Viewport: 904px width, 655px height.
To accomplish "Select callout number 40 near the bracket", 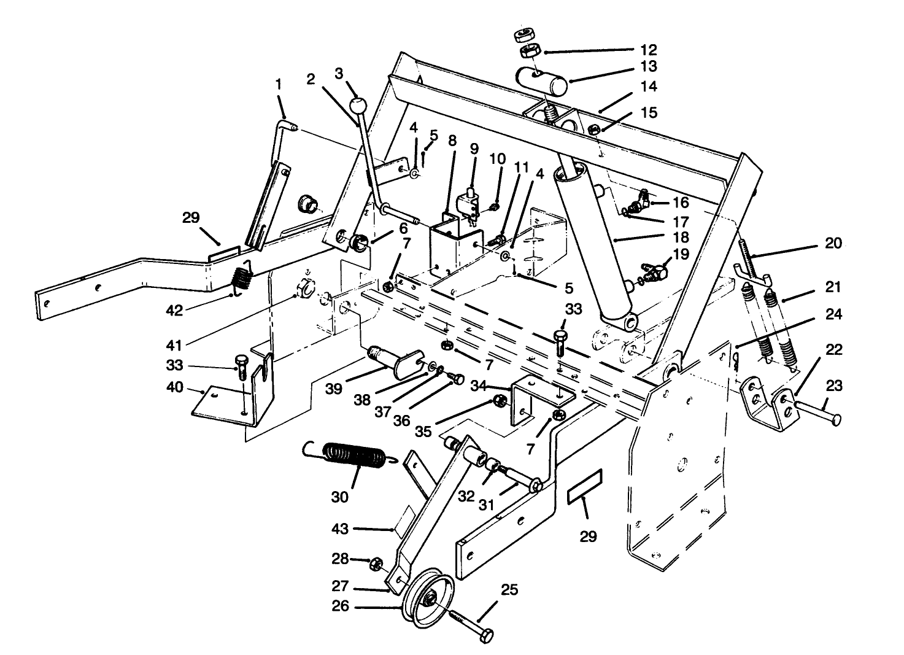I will (176, 389).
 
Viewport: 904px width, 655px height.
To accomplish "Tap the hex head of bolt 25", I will (485, 636).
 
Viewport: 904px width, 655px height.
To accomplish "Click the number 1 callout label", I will (279, 84).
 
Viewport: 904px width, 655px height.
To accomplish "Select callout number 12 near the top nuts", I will (648, 50).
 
